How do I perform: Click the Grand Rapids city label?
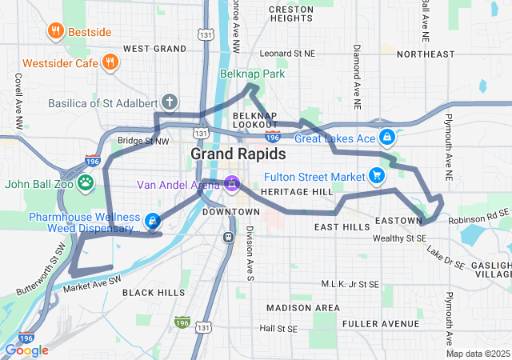[x=233, y=153]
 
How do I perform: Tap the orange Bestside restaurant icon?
[x=55, y=32]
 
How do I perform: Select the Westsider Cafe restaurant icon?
[x=110, y=62]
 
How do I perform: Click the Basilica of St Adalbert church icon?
[x=169, y=102]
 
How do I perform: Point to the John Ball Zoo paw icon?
[x=86, y=184]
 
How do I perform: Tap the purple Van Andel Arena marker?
[x=232, y=185]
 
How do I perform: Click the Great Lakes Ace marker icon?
[x=387, y=138]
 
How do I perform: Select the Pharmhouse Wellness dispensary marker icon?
[x=153, y=222]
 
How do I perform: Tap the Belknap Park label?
[x=252, y=74]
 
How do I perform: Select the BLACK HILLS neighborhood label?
[x=154, y=293]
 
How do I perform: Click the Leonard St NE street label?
[x=287, y=54]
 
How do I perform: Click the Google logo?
[x=26, y=350]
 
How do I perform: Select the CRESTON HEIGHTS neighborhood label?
[x=291, y=13]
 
